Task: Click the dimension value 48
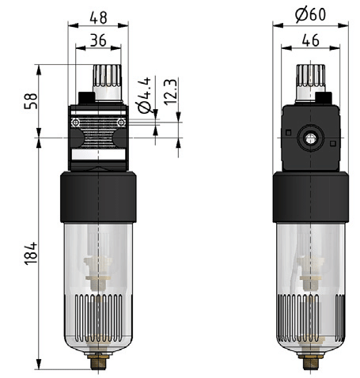tap(98, 18)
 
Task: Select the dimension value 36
tap(98, 40)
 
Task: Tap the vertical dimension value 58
tap(31, 101)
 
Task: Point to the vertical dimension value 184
tap(31, 253)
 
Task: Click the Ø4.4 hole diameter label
tap(145, 96)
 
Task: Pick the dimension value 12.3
tap(170, 92)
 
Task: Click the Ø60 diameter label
tap(311, 14)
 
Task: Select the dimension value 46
tap(311, 40)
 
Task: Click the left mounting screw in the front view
tap(76, 123)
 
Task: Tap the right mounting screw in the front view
tap(121, 123)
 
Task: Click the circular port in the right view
tap(310, 138)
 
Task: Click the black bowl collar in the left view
tap(98, 197)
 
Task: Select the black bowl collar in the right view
tap(311, 197)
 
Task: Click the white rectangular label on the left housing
tap(98, 155)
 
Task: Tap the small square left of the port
tap(289, 133)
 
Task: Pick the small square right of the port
tap(333, 143)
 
